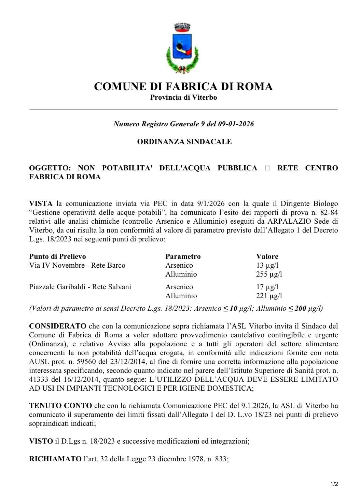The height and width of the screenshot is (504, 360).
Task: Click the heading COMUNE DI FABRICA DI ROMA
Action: (x=183, y=86)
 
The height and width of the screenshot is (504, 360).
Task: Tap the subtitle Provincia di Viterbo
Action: (x=183, y=97)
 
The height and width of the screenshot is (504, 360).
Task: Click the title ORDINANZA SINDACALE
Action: (x=184, y=142)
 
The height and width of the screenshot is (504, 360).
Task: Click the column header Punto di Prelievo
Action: (x=57, y=256)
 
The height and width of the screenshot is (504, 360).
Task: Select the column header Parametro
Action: (x=183, y=256)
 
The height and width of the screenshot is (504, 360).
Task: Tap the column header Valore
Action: (x=267, y=256)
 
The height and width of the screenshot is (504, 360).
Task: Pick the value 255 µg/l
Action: (x=269, y=274)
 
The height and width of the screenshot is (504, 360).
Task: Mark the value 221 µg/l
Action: (x=269, y=296)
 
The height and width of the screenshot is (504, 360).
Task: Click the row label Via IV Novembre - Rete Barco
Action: (x=77, y=265)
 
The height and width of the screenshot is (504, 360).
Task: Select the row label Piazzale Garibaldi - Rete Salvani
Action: (x=80, y=287)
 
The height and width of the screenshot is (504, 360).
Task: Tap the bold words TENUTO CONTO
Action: (x=60, y=406)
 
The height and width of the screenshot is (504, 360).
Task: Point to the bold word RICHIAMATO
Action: (x=55, y=459)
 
